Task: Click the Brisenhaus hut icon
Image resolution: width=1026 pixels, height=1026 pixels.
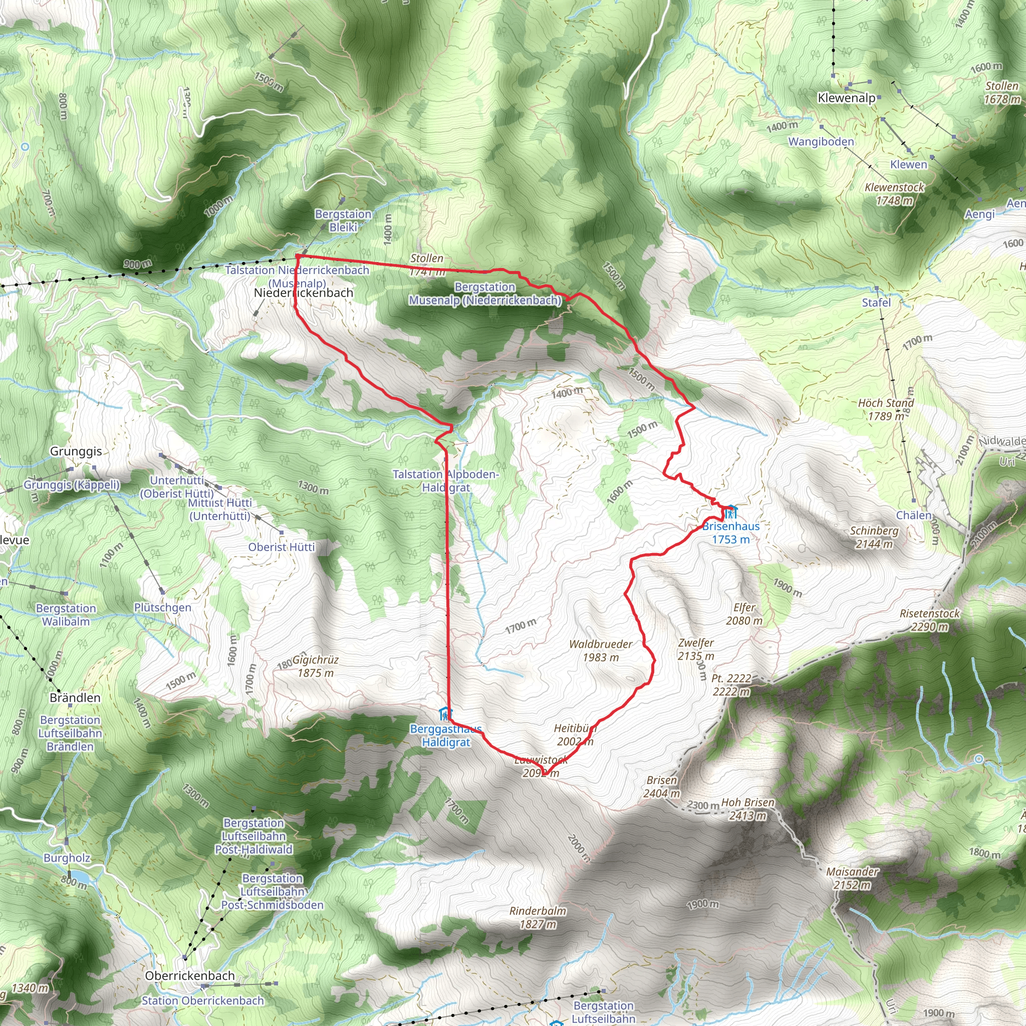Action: point(731,512)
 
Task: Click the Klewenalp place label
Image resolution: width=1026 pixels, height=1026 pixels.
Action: point(847,98)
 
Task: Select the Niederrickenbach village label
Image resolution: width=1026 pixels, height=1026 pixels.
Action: point(303,293)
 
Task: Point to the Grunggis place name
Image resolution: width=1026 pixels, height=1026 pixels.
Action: point(76,451)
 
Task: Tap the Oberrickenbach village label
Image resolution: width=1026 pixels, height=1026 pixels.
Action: point(189,975)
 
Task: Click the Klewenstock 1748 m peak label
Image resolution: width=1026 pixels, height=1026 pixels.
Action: point(894,194)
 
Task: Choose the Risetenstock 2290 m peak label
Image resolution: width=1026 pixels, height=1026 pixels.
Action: point(930,620)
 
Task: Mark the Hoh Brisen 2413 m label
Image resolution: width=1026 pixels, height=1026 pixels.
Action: point(748,809)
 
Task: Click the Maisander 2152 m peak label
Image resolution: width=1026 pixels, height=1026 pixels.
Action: point(852,878)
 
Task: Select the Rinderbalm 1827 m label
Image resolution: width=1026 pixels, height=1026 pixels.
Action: point(538,917)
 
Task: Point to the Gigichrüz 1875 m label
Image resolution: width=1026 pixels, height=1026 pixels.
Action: point(316,666)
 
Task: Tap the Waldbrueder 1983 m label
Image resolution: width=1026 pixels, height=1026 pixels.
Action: point(601,651)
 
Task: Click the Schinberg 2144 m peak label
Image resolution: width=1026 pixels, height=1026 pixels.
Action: point(874,537)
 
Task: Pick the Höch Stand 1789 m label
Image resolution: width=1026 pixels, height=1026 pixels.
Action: point(886,409)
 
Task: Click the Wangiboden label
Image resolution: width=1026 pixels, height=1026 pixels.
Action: point(821,142)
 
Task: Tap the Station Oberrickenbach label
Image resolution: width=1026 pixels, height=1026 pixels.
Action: point(203,1000)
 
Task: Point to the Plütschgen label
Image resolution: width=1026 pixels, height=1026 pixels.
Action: point(162,607)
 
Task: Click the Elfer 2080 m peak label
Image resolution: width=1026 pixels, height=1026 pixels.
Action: point(744,614)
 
